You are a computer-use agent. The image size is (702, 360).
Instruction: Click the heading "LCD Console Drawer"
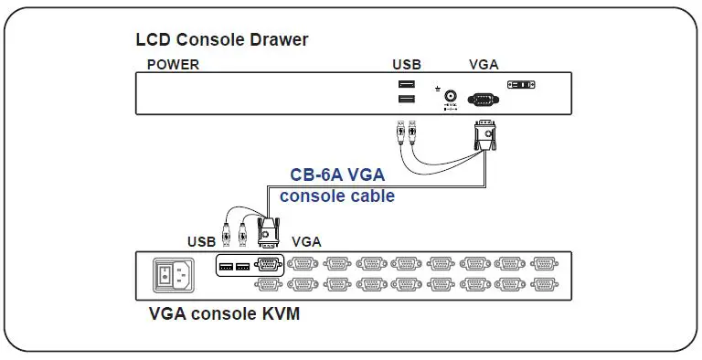click(x=222, y=39)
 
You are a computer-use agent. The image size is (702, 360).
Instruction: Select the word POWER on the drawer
click(x=173, y=65)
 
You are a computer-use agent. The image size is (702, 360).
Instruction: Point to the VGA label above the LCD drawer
click(x=484, y=65)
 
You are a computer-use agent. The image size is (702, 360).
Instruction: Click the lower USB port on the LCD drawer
click(x=406, y=100)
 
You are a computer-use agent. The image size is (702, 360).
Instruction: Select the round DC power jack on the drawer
click(x=450, y=95)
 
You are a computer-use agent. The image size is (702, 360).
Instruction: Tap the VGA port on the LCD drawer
click(x=484, y=99)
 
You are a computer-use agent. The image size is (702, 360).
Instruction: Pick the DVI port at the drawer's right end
click(x=521, y=85)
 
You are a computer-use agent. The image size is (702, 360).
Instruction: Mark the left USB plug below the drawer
click(x=399, y=133)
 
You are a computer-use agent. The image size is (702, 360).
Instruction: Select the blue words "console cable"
click(x=337, y=196)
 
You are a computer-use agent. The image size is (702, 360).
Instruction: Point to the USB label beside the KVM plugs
click(x=202, y=242)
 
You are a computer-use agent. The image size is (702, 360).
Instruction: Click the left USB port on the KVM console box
click(x=227, y=267)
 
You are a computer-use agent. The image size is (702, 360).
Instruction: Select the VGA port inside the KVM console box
click(x=267, y=266)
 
